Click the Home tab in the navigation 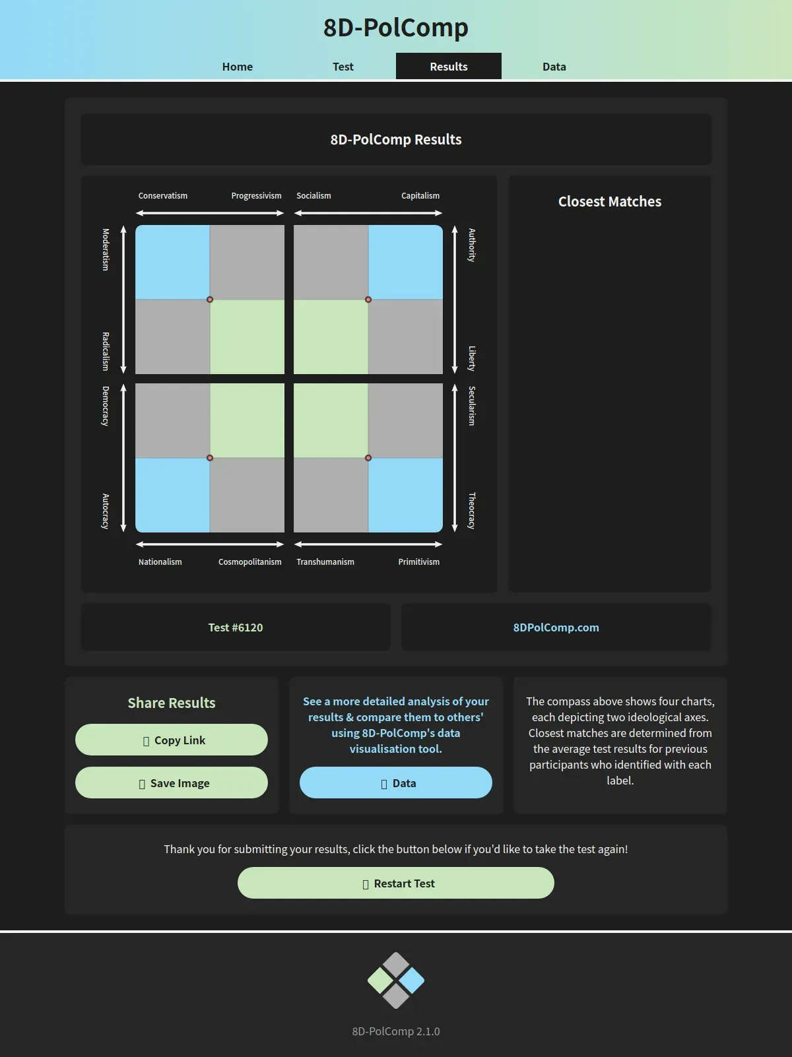click(238, 66)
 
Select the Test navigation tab click(343, 66)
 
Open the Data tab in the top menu click(554, 66)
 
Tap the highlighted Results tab click(449, 66)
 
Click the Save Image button click(172, 783)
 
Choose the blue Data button click(396, 783)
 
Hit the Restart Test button click(396, 883)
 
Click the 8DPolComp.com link click(556, 627)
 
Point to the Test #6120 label click(236, 627)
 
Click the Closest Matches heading click(610, 201)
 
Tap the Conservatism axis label click(163, 195)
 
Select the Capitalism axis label click(420, 195)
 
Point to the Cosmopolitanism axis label click(250, 561)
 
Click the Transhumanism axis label click(325, 561)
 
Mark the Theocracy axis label click(472, 511)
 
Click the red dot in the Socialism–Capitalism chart click(368, 300)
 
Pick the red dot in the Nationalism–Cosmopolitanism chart click(210, 458)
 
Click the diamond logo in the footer click(396, 980)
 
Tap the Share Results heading click(172, 703)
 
